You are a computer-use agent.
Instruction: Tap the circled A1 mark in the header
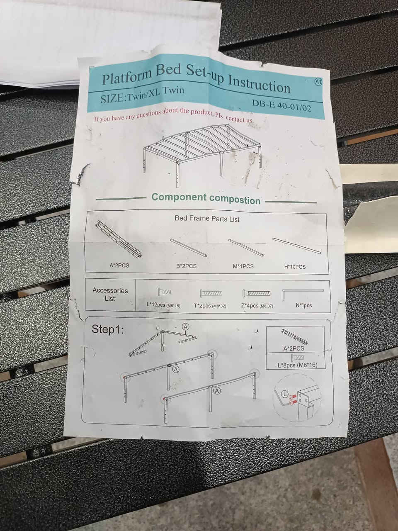(318, 82)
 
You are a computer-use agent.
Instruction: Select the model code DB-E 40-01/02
(282, 106)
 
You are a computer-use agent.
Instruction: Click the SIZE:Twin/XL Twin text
(142, 94)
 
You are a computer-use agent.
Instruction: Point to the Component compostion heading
(206, 198)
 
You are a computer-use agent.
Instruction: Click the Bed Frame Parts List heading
(207, 219)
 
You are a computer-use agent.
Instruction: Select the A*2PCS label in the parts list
(119, 265)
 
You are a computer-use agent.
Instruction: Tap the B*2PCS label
(186, 266)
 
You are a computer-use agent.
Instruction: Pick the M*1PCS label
(243, 266)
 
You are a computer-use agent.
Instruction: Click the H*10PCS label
(295, 267)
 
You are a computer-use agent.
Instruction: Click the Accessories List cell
(110, 295)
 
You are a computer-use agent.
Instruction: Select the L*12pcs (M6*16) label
(163, 305)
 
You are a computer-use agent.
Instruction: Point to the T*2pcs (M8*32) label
(210, 306)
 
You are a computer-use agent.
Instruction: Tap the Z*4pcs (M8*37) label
(257, 306)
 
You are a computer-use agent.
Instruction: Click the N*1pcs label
(304, 306)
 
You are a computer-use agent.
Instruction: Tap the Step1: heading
(107, 329)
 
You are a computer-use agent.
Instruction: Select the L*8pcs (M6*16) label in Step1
(298, 365)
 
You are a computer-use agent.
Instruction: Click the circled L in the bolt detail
(285, 395)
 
